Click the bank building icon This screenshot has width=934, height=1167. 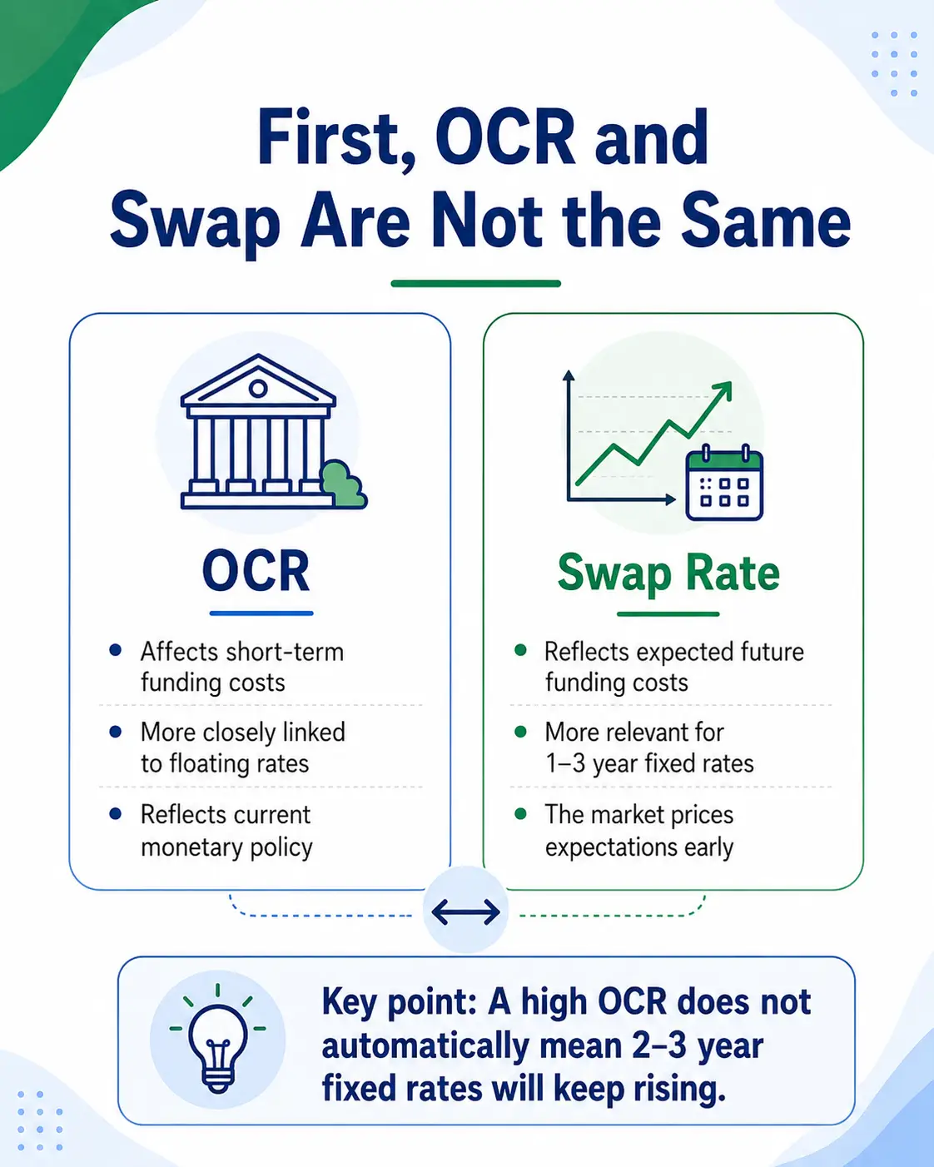pos(258,432)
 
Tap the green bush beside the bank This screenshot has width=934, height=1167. pos(343,484)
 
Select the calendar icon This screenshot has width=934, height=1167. pos(724,483)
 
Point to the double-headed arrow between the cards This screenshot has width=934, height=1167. pos(465,911)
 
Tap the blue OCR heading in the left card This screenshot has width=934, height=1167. pos(256,570)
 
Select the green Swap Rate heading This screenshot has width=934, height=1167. pos(668,574)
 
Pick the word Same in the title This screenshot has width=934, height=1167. pos(765,221)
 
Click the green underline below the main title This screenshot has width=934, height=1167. pos(475,284)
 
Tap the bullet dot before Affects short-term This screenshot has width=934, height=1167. pos(115,650)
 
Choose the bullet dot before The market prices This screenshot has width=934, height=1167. pos(520,813)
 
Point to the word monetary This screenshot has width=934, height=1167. pos(191,847)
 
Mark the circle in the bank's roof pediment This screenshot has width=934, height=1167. pos(257,388)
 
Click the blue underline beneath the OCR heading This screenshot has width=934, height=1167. pos(261,613)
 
